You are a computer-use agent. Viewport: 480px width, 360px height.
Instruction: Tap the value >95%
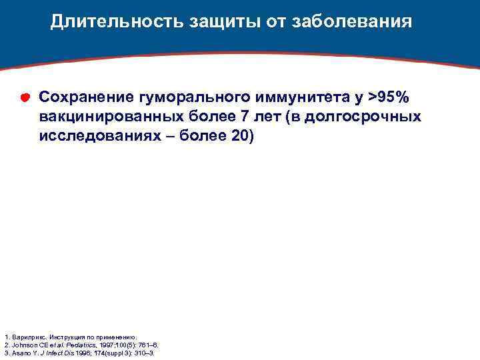389,97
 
